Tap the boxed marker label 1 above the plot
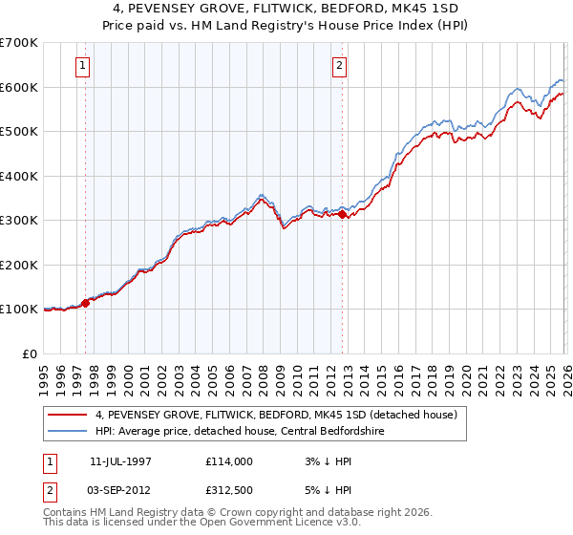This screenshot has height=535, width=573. click(x=82, y=66)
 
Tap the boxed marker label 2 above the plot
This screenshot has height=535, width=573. click(x=339, y=66)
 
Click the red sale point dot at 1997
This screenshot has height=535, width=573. click(x=85, y=303)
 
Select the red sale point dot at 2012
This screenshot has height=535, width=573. click(x=343, y=215)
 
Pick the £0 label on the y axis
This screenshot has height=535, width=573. click(x=29, y=353)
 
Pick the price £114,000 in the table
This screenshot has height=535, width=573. click(x=229, y=461)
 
